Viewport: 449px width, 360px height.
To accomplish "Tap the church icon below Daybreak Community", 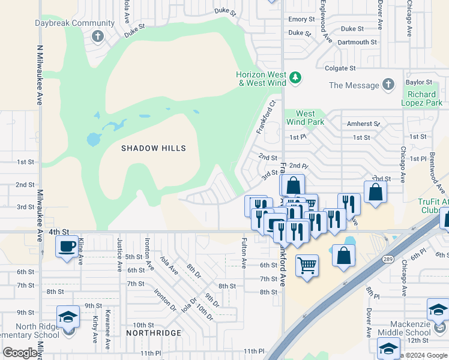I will pos(98,37).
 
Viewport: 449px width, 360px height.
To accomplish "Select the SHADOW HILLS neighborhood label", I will pos(154,148).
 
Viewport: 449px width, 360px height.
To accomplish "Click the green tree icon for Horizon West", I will pos(295,77).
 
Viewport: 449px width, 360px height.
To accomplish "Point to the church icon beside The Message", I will pos(388,85).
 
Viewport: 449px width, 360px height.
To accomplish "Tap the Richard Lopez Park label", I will pos(422,99).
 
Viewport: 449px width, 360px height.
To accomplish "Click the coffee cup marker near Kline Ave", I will pos(65,245).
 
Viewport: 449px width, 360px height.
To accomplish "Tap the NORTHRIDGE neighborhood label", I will pos(154,332).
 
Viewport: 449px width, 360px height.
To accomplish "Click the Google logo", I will pos(20,353).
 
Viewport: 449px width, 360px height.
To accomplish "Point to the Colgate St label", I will pos(340,68).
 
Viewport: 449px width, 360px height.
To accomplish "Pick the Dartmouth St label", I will pos(357,43).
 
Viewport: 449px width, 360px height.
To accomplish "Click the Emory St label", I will pos(301,19).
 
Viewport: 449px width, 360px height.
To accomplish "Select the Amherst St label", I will pos(363,124).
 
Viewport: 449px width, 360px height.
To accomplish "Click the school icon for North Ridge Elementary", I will pos(68,316).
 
